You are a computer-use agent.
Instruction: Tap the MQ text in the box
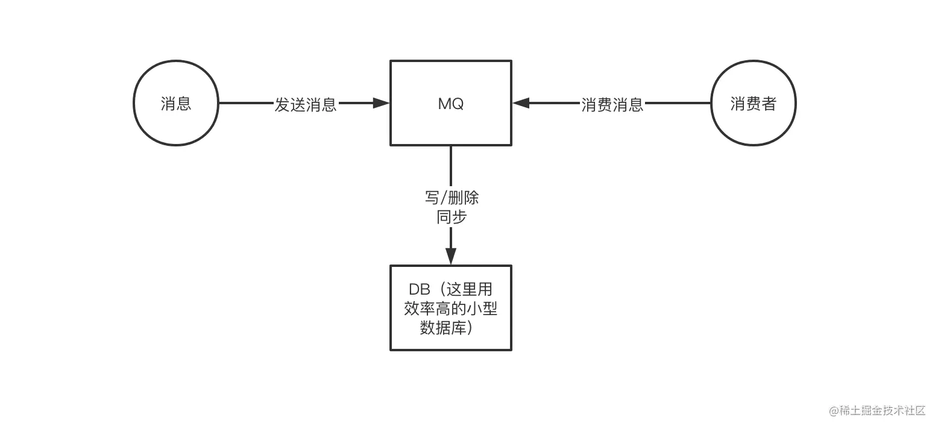tap(450, 104)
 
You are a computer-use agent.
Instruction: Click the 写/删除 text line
tap(452, 198)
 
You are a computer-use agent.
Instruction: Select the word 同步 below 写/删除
tap(452, 217)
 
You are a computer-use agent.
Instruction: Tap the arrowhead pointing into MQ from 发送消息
tap(381, 103)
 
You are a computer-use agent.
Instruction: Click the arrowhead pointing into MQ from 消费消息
tap(521, 103)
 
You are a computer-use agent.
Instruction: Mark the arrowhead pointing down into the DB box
tap(450, 256)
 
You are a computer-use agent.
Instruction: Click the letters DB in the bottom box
tap(419, 289)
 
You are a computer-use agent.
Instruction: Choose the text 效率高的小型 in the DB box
tap(450, 308)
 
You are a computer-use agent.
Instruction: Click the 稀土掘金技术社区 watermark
tap(882, 410)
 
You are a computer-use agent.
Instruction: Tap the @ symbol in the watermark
tap(834, 411)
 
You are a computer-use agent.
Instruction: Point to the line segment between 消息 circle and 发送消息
tap(246, 103)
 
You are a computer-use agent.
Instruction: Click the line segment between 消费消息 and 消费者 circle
tap(678, 103)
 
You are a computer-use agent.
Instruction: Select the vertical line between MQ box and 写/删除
tap(450, 166)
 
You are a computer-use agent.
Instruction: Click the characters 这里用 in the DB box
tap(469, 289)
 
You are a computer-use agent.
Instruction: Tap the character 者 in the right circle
tap(769, 104)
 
